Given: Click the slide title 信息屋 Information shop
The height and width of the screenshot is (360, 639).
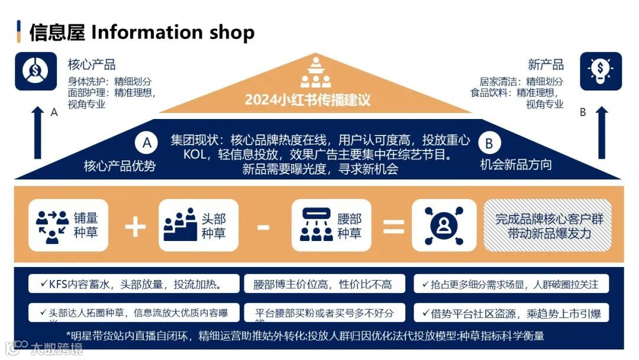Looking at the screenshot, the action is [142, 32].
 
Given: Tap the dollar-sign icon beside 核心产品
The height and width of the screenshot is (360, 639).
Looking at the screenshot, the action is [35, 71].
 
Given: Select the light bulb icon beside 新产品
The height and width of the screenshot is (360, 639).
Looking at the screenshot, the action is [601, 71].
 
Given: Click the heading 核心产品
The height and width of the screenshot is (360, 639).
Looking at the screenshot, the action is [92, 65].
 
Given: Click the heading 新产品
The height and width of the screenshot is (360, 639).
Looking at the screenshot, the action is [546, 65].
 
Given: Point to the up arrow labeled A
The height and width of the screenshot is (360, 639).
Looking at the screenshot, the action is [37, 133].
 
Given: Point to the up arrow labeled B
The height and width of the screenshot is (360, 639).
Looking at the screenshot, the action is [601, 133].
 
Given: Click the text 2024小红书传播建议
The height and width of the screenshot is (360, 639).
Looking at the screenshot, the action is [308, 99].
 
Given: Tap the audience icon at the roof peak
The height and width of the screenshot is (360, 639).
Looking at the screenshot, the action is [316, 72].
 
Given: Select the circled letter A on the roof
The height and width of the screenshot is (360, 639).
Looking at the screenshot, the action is [147, 143].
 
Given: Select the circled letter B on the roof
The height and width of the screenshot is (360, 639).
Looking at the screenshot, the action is [489, 143].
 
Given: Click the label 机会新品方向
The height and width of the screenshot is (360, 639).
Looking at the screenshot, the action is [516, 165].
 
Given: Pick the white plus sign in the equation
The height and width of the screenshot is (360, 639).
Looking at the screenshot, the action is [135, 226].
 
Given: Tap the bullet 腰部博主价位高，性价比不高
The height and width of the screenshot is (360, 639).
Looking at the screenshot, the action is [325, 284].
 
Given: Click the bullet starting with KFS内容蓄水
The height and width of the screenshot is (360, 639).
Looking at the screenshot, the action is [134, 284].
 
